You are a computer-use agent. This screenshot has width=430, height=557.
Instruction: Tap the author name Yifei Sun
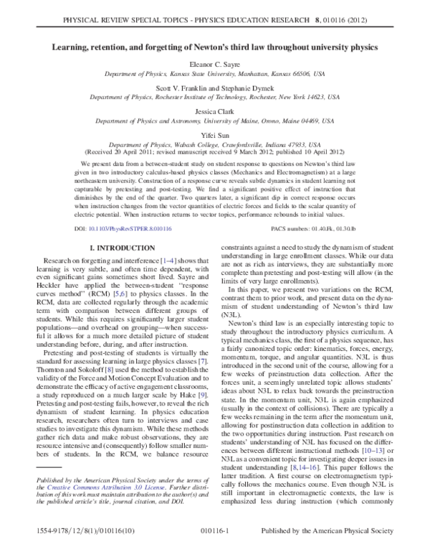[214, 135]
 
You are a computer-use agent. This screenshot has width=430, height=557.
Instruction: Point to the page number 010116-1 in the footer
[214, 546]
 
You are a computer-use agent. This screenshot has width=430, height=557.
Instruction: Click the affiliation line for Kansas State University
[214, 75]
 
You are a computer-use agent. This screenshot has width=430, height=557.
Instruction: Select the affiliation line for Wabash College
[214, 144]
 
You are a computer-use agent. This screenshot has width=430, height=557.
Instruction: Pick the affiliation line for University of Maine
[214, 122]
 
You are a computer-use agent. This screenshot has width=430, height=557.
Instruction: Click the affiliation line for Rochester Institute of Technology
[214, 98]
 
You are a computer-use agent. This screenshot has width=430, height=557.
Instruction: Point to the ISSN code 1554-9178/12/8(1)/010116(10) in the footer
[64, 546]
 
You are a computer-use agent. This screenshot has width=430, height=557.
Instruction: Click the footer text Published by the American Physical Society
[341, 546]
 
